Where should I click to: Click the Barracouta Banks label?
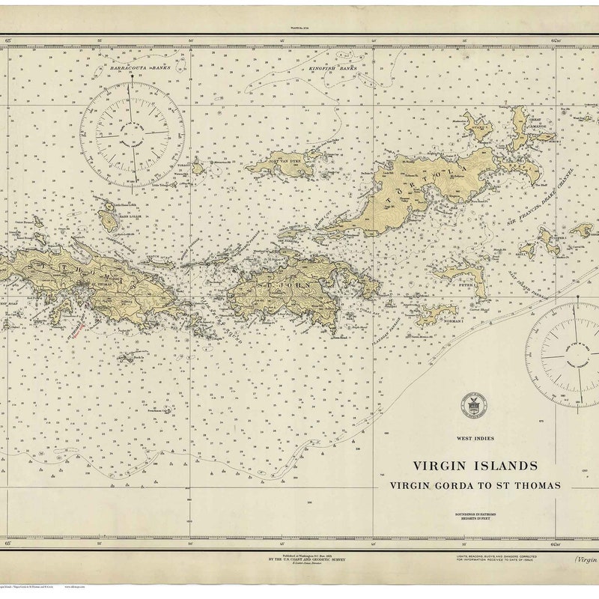pyautogui.click(x=140, y=67)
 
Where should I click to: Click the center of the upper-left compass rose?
pyautogui.click(x=133, y=133)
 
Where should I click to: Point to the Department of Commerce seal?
pyautogui.click(x=472, y=404)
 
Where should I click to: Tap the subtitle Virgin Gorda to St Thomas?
pyautogui.click(x=475, y=485)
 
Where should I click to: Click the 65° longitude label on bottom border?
pyautogui.click(x=8, y=545)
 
